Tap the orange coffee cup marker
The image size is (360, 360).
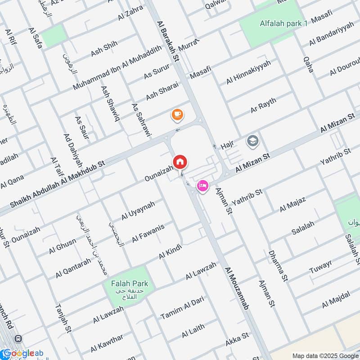point(177,115)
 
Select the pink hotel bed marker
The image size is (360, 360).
point(202,185)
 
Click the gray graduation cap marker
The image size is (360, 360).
point(253,142)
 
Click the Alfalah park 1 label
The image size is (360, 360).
point(283,23)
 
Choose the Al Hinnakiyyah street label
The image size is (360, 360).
point(249,72)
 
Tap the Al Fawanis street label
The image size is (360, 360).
point(148,234)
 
